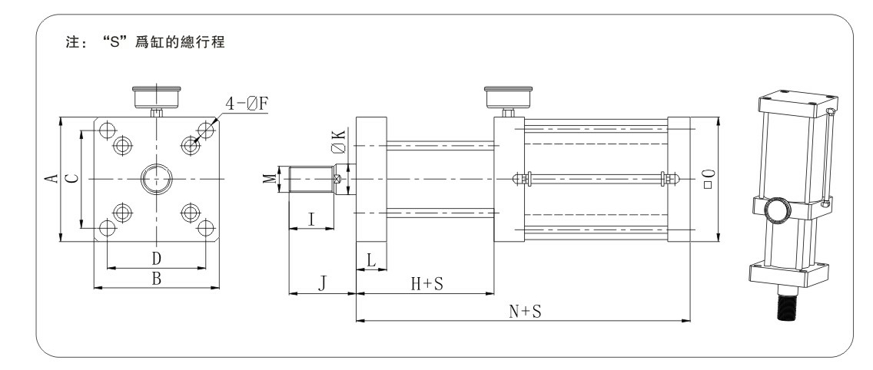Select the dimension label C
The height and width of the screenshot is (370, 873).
click(x=71, y=178)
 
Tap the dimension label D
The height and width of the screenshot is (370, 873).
click(x=156, y=256)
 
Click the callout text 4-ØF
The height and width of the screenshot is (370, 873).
click(x=247, y=103)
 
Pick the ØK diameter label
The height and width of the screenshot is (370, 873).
click(x=338, y=143)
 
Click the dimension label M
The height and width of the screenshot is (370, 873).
click(x=268, y=178)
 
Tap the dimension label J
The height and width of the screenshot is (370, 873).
click(x=323, y=284)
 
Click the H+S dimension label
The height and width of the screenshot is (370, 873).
click(x=427, y=284)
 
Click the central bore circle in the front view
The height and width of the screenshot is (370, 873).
click(x=157, y=179)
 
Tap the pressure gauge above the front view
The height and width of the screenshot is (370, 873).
click(x=157, y=97)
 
